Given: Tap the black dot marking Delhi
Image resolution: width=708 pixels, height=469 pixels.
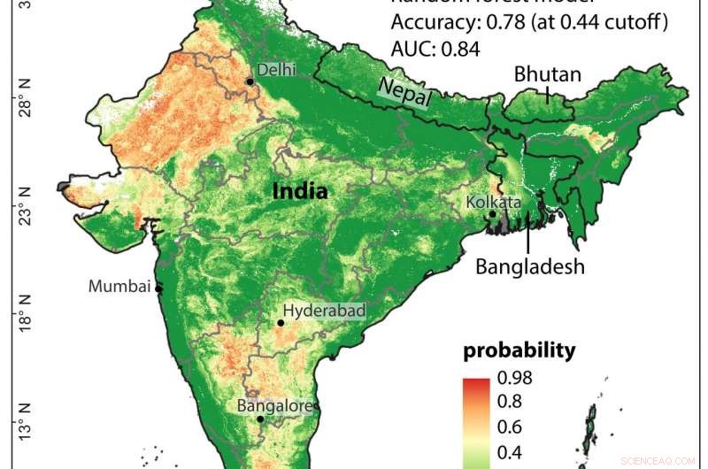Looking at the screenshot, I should click(250, 81).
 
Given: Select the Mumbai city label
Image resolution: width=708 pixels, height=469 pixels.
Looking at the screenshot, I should click(119, 286).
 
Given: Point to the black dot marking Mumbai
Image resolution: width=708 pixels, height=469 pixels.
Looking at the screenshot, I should click(159, 288).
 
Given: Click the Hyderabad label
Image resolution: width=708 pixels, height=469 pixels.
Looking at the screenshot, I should click(324, 311).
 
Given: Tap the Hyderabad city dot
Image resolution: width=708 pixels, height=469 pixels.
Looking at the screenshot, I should click(281, 323).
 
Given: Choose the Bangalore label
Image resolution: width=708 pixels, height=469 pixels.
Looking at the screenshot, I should click(273, 406).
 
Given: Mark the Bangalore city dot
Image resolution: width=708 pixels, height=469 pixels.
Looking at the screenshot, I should click(260, 419).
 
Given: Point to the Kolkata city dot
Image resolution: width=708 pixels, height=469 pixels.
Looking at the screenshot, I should click(493, 214).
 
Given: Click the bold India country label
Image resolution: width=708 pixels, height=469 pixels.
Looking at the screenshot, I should click(300, 191).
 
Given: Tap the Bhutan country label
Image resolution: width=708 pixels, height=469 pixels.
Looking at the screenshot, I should click(548, 74).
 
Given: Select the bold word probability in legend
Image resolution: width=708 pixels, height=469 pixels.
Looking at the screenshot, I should click(519, 350).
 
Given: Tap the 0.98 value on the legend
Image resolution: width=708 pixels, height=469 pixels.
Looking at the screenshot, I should click(516, 378).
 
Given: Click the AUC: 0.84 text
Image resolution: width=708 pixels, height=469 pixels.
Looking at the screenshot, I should click(435, 50).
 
